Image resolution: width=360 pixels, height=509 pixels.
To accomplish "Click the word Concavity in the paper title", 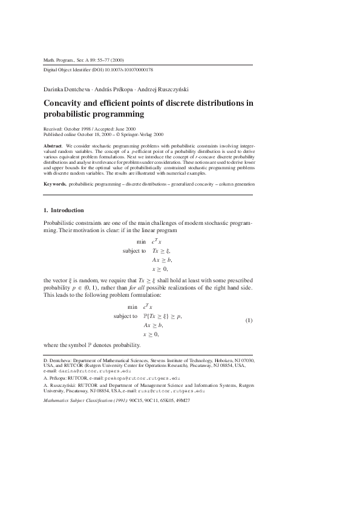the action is (68, 103).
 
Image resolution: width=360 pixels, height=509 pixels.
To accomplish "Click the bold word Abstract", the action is (54, 146).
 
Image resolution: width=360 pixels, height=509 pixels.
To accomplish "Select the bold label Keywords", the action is (56, 183).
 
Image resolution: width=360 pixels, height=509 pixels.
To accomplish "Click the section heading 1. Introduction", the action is (64, 210).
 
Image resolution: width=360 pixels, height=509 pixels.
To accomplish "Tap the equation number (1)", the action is (248, 320).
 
